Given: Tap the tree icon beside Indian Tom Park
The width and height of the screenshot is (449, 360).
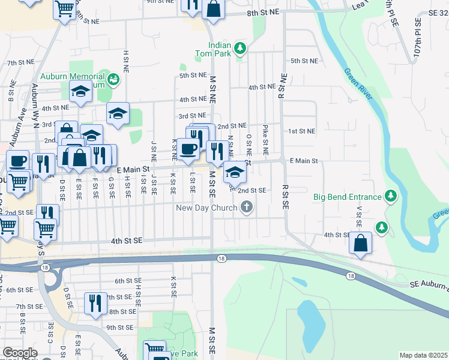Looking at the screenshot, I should click(240, 48).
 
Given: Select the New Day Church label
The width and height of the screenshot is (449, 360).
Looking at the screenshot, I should click(206, 208).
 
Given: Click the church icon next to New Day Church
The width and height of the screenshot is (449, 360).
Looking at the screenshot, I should click(246, 208).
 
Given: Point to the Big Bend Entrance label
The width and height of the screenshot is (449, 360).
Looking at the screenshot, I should click(348, 196).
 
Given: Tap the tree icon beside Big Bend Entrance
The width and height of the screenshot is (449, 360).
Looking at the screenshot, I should click(391, 196).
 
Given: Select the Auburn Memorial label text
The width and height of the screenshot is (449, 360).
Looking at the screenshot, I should click(71, 77).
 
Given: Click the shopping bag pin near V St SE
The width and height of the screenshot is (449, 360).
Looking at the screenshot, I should click(360, 243).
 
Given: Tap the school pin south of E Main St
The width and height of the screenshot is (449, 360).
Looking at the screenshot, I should click(235, 173).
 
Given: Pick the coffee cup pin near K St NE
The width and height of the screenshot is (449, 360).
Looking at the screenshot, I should click(188, 148).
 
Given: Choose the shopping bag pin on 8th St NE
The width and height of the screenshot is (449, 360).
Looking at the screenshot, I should click(212, 8).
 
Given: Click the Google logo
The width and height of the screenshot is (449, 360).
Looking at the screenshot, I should click(20, 353).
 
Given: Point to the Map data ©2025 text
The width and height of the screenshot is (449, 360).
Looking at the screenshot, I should click(423, 355).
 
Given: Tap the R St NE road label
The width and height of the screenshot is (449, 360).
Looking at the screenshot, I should click(280, 86).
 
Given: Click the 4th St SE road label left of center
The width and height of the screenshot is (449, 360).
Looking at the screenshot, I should click(126, 241).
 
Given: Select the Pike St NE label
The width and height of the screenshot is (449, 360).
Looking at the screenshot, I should click(265, 137).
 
